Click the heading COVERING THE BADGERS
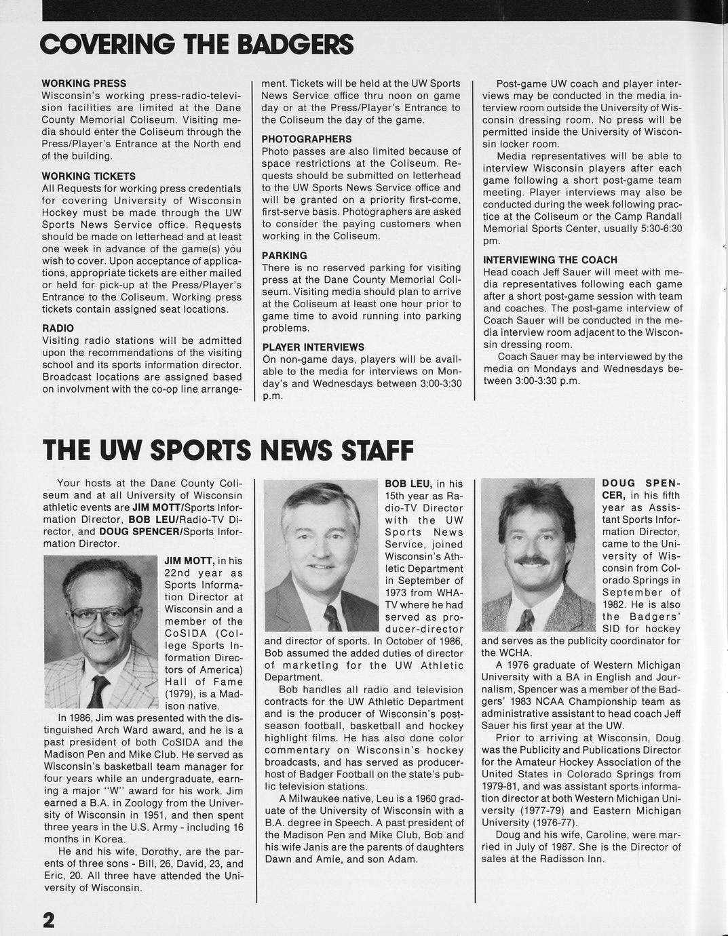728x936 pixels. coord(197,45)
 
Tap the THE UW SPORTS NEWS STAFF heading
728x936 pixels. coord(228,450)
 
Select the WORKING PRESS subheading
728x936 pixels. coord(84,83)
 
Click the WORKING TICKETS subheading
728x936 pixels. coord(89,176)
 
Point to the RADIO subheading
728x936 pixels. coord(58,328)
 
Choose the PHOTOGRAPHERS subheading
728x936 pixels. coord(307,139)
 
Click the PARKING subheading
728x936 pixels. coord(284,256)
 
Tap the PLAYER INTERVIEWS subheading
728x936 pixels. coord(313,347)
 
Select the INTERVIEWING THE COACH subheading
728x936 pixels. coord(550,260)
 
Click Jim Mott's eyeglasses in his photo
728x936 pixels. coord(102,616)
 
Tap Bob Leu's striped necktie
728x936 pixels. coord(332,618)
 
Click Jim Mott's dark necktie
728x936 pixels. coord(99,690)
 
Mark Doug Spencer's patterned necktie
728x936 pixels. coord(525,619)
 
